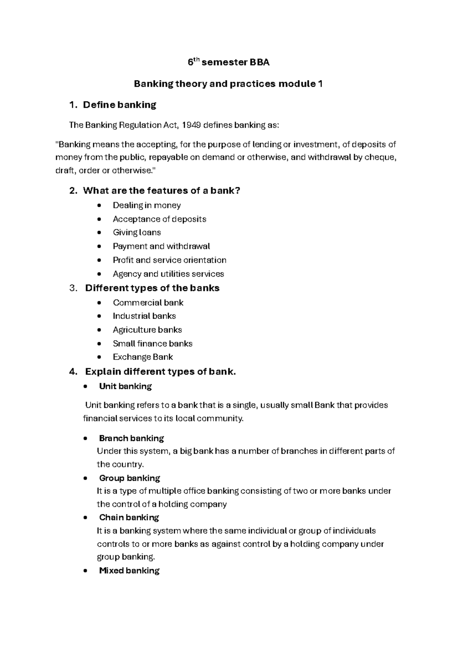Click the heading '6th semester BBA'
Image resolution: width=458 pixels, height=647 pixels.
click(x=229, y=63)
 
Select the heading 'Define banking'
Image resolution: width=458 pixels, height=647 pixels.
click(x=119, y=105)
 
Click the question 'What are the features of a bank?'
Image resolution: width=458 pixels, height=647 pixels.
click(x=161, y=190)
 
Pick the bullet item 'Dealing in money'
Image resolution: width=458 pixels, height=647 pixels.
click(x=147, y=205)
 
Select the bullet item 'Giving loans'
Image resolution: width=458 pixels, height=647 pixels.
click(x=137, y=232)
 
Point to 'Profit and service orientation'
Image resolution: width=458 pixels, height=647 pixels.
click(x=169, y=260)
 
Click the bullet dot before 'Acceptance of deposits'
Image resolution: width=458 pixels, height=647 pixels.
click(x=100, y=219)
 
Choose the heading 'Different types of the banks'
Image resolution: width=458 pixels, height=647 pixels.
click(x=152, y=288)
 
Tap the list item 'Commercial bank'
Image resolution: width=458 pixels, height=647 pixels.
click(x=148, y=303)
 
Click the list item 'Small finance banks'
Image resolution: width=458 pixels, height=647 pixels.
click(x=153, y=344)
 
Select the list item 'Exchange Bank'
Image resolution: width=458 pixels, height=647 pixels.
click(x=143, y=357)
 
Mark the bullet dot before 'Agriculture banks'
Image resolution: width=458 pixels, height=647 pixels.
click(x=100, y=330)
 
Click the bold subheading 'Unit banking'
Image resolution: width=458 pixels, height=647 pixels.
click(x=125, y=386)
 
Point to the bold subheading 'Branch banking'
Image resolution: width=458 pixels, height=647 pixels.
click(x=131, y=438)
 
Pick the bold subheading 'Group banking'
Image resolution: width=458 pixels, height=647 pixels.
click(x=129, y=478)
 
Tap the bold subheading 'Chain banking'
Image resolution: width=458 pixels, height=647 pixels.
click(x=129, y=518)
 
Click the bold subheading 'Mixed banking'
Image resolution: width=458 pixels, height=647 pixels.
click(x=129, y=571)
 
